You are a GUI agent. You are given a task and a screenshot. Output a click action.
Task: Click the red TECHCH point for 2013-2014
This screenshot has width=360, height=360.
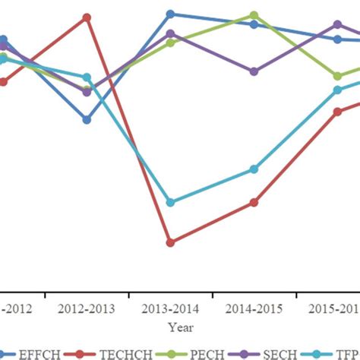[x=170, y=242]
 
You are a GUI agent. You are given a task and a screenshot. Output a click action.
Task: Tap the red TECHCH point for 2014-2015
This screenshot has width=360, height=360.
[x=254, y=202]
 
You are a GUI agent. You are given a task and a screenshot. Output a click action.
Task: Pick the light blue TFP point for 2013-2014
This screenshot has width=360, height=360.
[x=170, y=202]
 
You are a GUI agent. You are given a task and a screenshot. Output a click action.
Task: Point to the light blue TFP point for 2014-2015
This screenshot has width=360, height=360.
[x=254, y=169]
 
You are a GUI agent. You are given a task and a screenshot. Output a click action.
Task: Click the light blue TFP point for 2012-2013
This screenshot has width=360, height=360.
[x=87, y=77]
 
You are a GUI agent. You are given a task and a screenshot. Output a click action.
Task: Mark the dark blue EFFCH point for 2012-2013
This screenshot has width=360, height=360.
[x=87, y=120]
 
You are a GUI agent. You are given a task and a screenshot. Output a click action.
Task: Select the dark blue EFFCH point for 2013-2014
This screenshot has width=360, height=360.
[x=170, y=14]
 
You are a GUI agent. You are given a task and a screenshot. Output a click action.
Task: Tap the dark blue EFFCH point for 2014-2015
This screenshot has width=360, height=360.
[x=254, y=24]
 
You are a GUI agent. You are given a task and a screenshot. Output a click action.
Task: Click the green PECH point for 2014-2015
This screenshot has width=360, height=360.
[x=254, y=15]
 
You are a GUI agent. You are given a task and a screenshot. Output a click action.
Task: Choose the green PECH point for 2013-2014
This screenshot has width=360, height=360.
[x=170, y=43]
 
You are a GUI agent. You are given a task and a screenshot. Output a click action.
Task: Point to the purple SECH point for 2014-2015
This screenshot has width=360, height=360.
[x=254, y=71]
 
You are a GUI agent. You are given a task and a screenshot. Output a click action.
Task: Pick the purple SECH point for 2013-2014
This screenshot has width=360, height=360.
[x=170, y=33]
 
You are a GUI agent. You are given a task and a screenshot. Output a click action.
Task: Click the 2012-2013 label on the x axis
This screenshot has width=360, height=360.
[x=87, y=309]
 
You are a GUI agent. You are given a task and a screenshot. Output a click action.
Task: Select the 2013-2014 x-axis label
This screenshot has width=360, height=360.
[x=170, y=309]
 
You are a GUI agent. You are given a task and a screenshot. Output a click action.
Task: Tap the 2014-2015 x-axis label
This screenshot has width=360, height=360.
[x=254, y=309]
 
